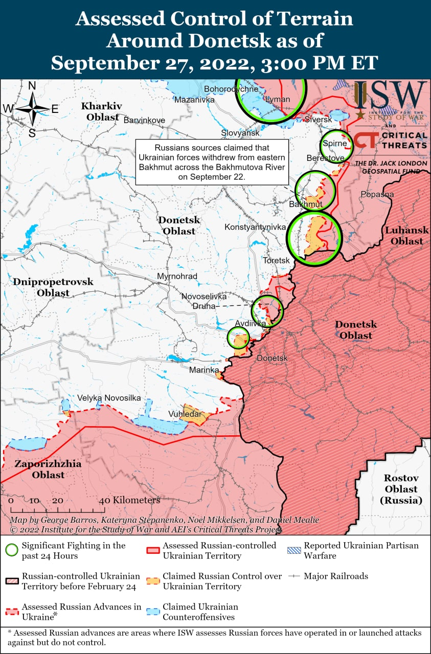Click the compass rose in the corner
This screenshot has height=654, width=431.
(x=32, y=108)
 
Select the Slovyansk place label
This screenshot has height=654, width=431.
(x=240, y=133)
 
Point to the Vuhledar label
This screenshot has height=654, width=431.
(x=185, y=414)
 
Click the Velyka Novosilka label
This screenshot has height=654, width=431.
(x=109, y=398)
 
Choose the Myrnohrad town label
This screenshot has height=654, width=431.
(x=177, y=276)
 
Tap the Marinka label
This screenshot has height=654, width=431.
(x=204, y=370)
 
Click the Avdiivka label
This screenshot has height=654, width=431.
(x=251, y=323)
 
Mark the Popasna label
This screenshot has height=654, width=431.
(x=377, y=194)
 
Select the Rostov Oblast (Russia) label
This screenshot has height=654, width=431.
(x=401, y=489)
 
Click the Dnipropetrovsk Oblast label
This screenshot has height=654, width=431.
(x=53, y=287)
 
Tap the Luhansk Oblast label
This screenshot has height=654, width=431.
(x=404, y=236)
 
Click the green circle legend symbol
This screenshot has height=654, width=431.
(x=11, y=550)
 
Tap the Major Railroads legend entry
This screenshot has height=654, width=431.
(x=336, y=576)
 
